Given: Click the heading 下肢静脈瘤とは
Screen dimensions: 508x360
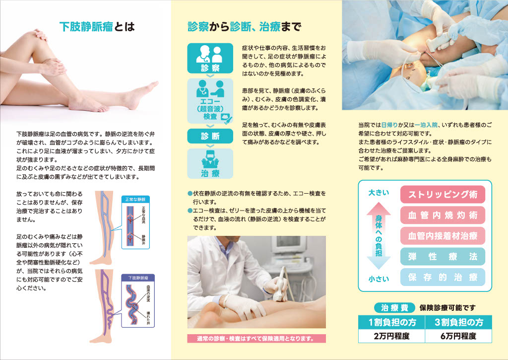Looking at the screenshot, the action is tap(97, 27).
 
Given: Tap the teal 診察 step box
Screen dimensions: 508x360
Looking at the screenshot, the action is tap(210, 59).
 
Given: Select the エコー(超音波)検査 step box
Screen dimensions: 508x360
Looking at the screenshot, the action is tap(210, 101).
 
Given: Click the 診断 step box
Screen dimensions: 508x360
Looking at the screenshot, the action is tap(210, 136).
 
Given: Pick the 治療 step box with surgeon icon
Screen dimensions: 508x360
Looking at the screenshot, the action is tap(210, 163).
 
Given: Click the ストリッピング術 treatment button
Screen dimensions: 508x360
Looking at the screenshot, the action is tap(443, 194).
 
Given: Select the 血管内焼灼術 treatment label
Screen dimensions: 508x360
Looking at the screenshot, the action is tap(443, 215).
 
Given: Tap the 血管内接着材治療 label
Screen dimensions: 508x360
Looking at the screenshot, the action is tap(443, 236).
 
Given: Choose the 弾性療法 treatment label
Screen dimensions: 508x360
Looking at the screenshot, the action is tap(443, 257).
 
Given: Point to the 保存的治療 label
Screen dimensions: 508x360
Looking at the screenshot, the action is tap(443, 277).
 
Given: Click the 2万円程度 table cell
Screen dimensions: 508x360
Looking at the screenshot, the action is tap(392, 336).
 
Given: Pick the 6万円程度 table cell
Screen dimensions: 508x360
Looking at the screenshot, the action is tap(458, 336).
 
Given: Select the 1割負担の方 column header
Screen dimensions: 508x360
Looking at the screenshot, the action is tap(392, 322).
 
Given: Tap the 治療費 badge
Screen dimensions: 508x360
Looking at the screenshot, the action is tap(394, 307).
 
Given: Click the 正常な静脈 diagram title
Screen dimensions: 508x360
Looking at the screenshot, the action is tap(135, 200).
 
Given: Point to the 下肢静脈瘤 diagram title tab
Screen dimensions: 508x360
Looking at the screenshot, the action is tap(138, 278).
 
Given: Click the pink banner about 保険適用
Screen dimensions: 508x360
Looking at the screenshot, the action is tap(256, 339).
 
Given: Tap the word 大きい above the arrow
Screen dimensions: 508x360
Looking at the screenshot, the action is tap(379, 193).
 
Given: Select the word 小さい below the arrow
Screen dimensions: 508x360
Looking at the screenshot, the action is tap(379, 279).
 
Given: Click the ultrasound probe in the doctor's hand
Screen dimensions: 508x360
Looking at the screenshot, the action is tap(280, 285).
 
